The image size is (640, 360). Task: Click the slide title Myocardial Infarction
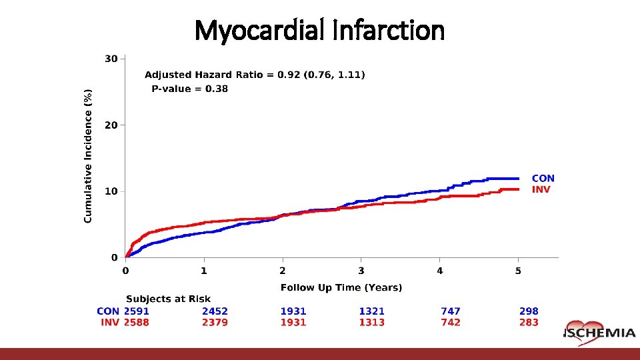point(319,30)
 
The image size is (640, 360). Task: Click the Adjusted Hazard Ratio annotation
point(255,75)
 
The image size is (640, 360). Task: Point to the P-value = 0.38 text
point(189,89)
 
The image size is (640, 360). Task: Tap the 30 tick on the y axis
point(111,59)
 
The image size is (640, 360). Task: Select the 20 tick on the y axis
point(111,125)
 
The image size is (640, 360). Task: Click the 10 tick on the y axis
point(111,191)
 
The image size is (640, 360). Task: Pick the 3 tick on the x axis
point(361,271)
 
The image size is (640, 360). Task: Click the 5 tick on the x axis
point(518,271)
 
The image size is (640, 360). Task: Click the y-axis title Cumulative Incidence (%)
point(89,157)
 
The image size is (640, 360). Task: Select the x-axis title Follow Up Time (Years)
point(341,288)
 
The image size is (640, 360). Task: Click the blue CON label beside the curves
point(543,178)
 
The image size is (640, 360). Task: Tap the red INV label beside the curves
point(541,189)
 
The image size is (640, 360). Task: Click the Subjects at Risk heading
point(168,299)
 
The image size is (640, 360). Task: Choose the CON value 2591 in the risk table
point(137,311)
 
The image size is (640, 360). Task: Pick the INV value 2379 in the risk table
point(215,323)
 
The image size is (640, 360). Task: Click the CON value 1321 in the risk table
point(371,311)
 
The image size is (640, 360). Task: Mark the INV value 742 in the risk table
point(450,323)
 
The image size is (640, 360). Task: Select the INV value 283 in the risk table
point(529,323)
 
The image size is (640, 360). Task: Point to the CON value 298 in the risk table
point(529,311)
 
